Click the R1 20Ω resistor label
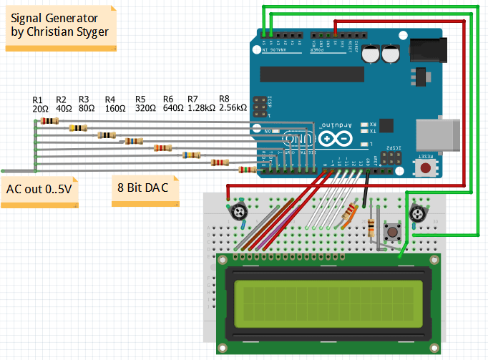pos(40,104)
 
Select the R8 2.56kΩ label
pos(233,104)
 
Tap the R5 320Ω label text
pos(145,104)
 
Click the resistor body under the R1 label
pos(49,121)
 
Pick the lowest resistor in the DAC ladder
pos(246,170)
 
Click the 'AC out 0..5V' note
pos(39,190)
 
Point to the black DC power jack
pos(426,49)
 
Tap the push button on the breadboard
pos(393,231)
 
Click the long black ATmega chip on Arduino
pos(307,72)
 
